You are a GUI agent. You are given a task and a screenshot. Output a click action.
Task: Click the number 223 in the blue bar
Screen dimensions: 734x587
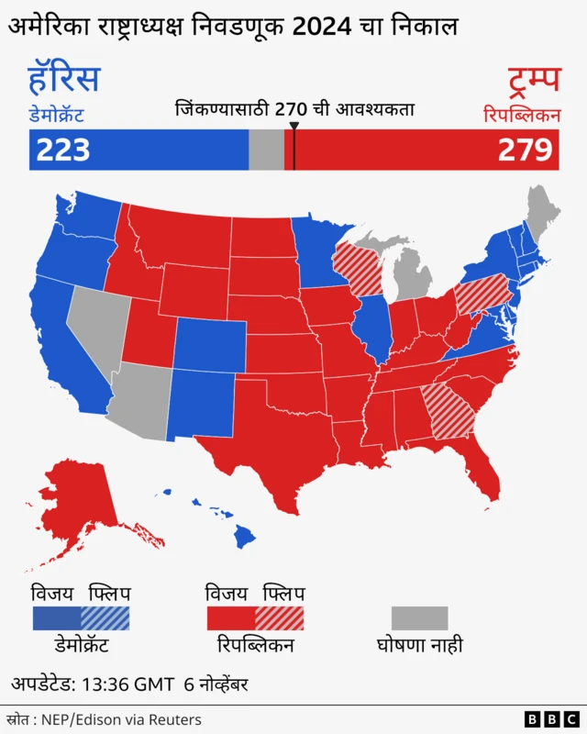pos(63,150)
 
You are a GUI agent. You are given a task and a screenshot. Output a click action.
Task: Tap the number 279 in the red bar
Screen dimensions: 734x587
pos(525,150)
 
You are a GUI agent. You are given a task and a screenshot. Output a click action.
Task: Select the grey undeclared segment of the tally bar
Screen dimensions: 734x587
pos(266,150)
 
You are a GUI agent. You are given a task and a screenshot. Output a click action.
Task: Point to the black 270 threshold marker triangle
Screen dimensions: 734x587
pos(293,126)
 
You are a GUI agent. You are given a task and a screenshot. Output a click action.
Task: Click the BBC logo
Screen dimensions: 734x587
pos(549,718)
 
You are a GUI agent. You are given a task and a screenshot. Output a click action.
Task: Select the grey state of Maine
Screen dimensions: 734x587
pos(543,209)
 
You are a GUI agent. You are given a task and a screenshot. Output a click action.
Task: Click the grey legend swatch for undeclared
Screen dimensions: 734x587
pos(420,617)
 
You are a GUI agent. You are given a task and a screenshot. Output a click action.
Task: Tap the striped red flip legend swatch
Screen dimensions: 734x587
pos(279,617)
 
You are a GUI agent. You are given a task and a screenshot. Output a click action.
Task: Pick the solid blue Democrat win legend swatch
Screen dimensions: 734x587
pos(56,617)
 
